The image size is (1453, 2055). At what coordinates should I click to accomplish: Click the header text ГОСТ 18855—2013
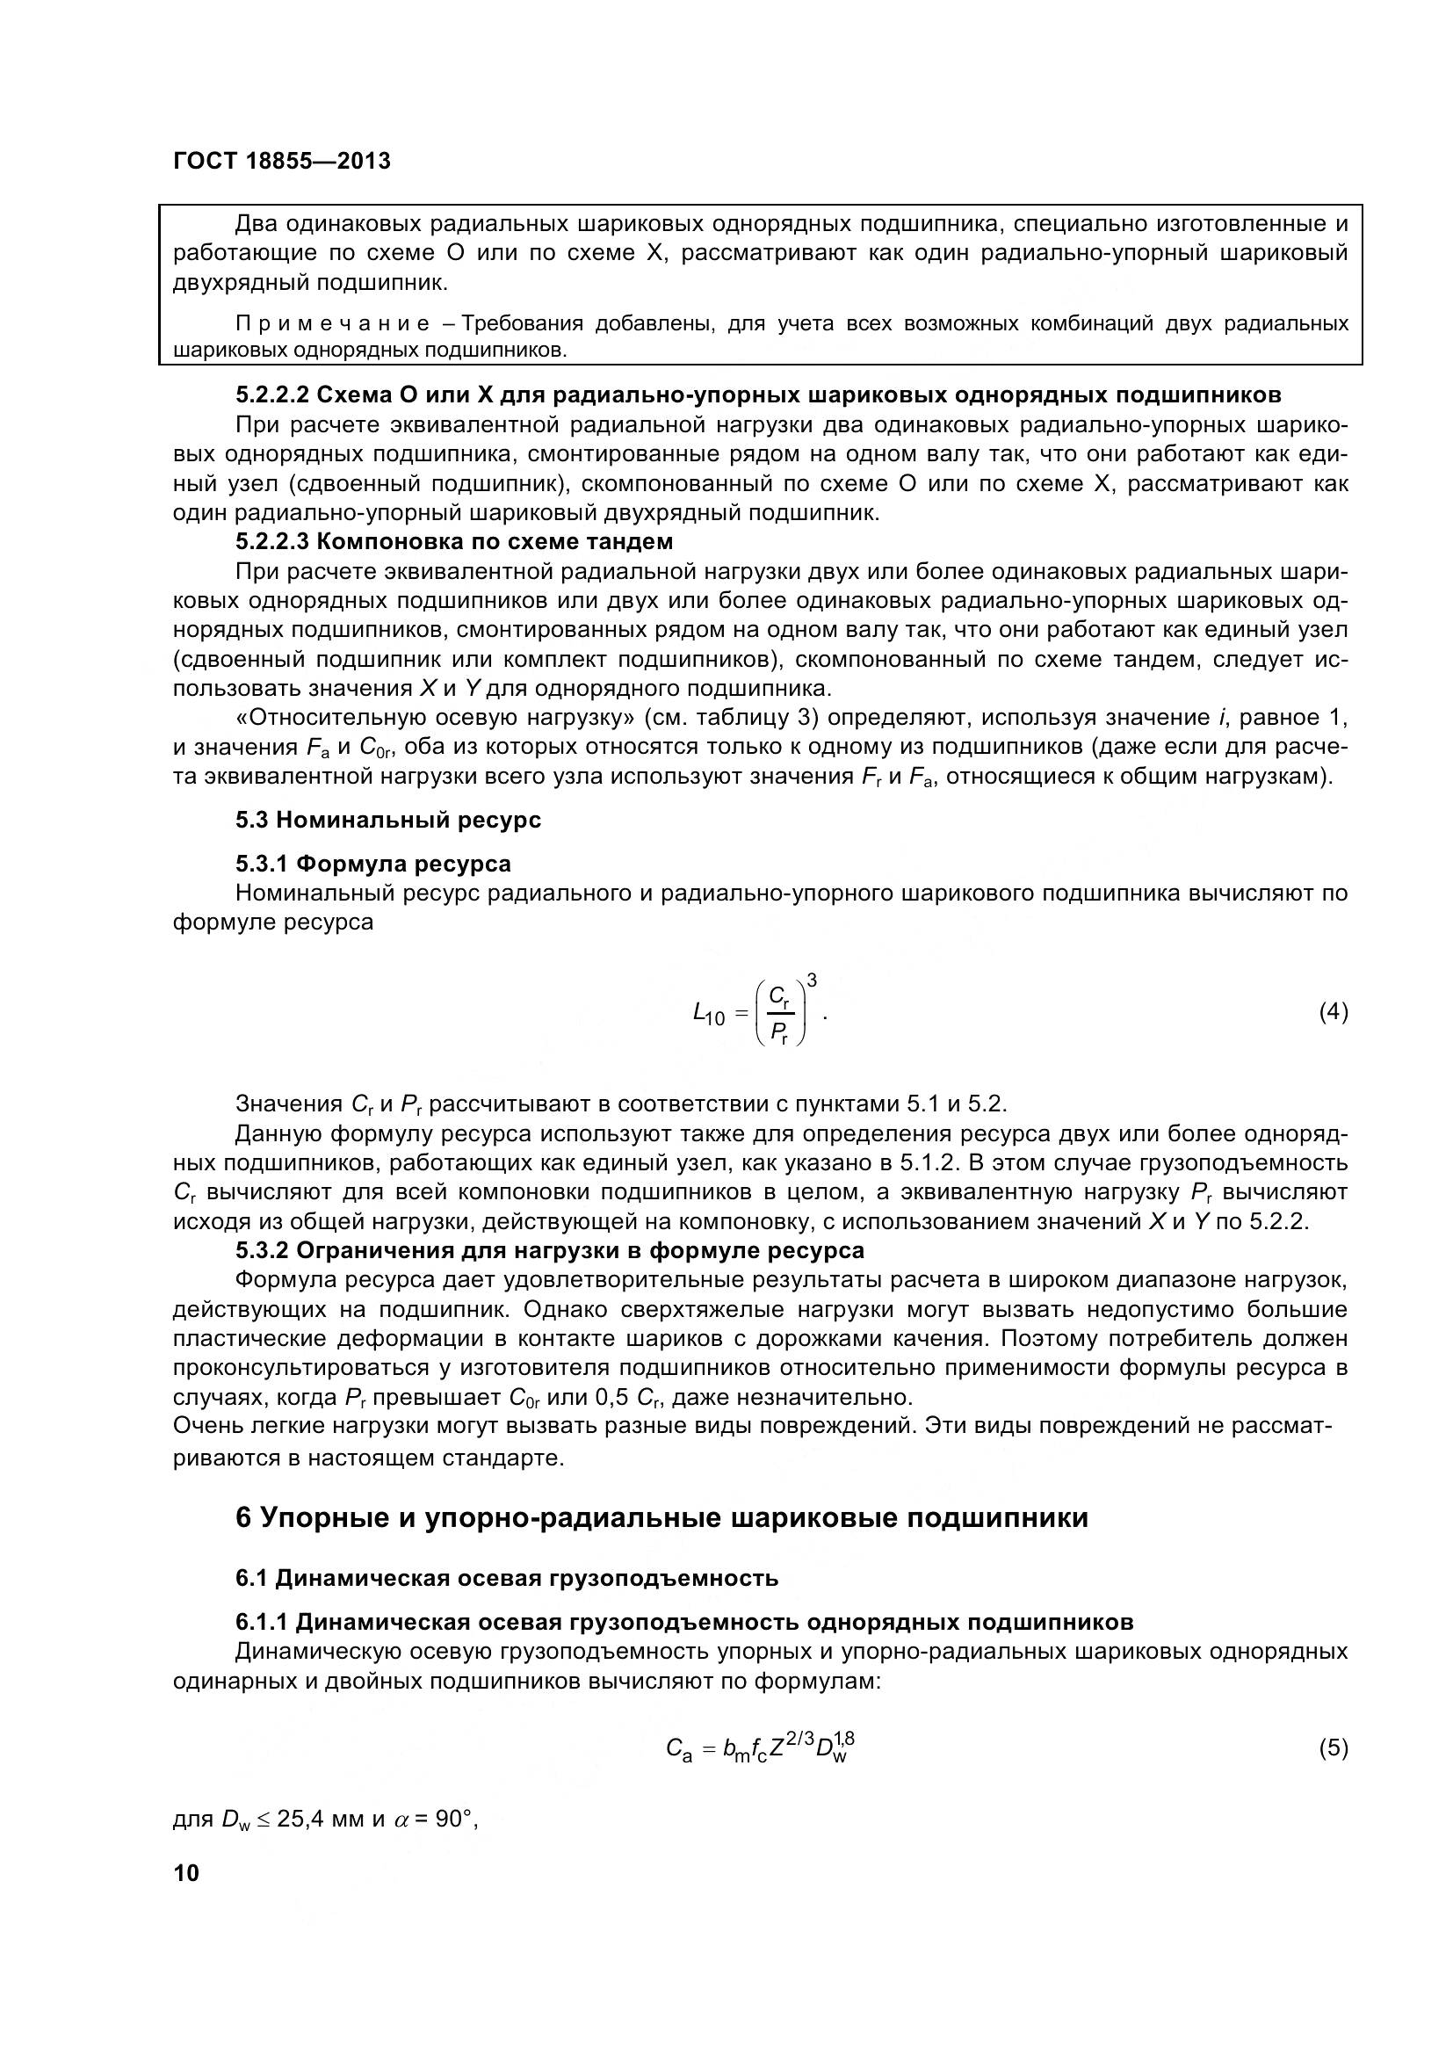click(x=282, y=161)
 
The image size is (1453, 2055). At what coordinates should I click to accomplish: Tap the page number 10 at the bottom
click(x=186, y=1873)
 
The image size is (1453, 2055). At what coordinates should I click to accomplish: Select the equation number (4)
click(x=1334, y=1011)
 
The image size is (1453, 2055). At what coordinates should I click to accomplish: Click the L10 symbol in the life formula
click(x=709, y=1014)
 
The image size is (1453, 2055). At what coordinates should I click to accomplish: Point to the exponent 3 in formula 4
click(x=811, y=980)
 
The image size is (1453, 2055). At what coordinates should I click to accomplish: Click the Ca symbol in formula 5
click(x=679, y=1749)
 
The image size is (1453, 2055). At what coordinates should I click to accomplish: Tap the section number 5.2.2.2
click(x=272, y=394)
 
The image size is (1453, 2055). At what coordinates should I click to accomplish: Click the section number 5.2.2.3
click(x=272, y=541)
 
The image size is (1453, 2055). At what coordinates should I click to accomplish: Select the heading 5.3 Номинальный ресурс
click(x=388, y=820)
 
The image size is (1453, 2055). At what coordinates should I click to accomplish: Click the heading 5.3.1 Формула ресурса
click(x=373, y=864)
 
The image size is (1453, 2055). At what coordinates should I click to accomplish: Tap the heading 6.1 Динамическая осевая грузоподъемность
click(x=506, y=1603)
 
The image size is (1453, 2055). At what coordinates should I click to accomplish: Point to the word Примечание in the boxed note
click(x=332, y=324)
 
